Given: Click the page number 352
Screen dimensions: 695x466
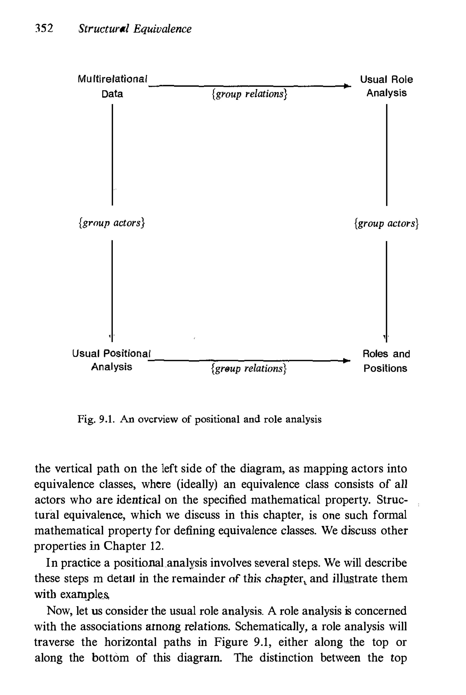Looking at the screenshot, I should tap(44, 29).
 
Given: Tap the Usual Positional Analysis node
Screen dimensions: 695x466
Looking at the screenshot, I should tap(112, 360).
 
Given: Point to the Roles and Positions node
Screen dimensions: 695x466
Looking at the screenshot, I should tap(386, 361).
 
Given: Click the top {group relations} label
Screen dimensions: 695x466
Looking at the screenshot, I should tap(249, 94).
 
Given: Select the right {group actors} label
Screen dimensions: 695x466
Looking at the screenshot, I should tap(386, 223).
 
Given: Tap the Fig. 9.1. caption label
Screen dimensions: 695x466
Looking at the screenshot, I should tap(94, 420).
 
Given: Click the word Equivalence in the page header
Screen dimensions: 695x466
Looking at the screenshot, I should tap(162, 29).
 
